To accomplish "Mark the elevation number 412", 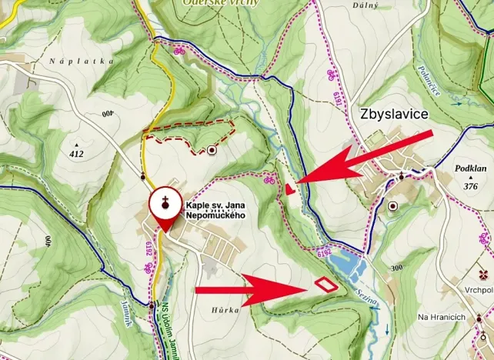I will tap(75, 153).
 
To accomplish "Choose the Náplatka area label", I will tap(81, 61).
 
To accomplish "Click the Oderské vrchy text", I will tap(216, 3).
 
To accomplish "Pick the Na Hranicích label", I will tap(442, 317).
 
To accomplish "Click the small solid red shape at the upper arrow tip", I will tap(289, 188).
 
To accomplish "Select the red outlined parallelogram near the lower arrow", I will tap(325, 284).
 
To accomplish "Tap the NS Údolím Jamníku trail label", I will tap(165, 331).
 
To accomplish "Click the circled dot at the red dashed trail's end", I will tap(212, 151).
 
